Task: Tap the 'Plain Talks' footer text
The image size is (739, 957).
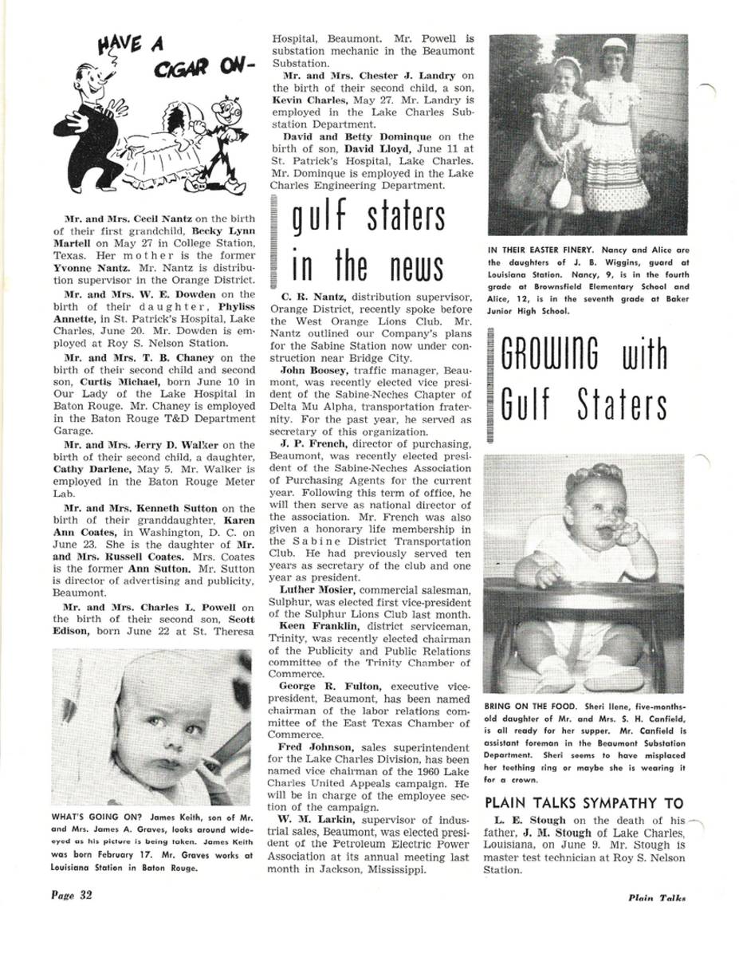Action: (656, 897)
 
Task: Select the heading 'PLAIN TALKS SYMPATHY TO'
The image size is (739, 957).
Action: (584, 803)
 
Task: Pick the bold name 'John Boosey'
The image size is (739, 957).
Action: (307, 370)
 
